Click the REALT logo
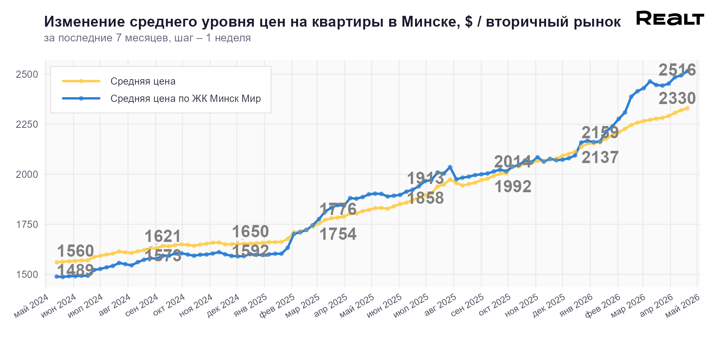coord(670,18)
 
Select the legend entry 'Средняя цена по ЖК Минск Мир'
coord(185,99)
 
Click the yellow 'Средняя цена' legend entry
coord(143,81)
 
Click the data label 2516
coord(677,70)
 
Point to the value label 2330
coord(677,99)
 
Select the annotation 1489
coord(76,270)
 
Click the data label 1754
coord(338,234)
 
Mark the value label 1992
coord(513,187)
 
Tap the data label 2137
coord(600,158)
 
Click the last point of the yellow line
coord(687,108)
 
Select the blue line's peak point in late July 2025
coord(450,167)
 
